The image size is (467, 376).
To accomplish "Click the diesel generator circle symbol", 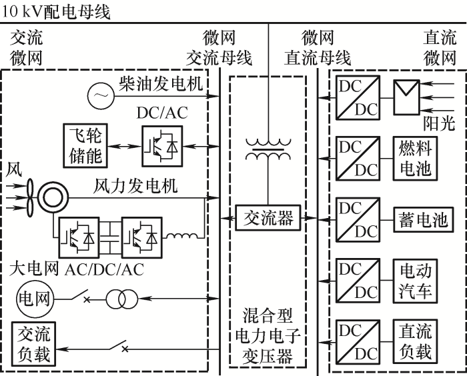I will tap(100, 96).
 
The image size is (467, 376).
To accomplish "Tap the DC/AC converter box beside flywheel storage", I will tap(161, 145).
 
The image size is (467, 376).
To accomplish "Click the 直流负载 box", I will tap(415, 340).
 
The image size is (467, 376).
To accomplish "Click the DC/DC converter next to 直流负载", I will tap(357, 340).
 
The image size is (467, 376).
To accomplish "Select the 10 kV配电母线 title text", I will tap(56, 11).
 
